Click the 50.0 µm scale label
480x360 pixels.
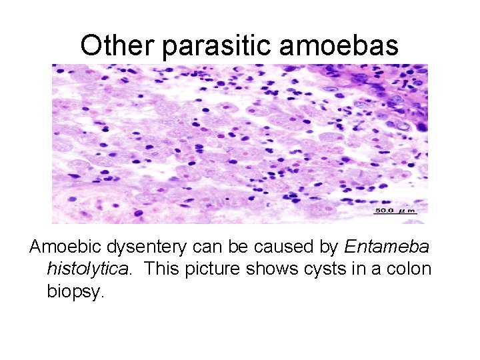click(395, 211)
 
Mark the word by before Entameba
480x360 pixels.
click(329, 247)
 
